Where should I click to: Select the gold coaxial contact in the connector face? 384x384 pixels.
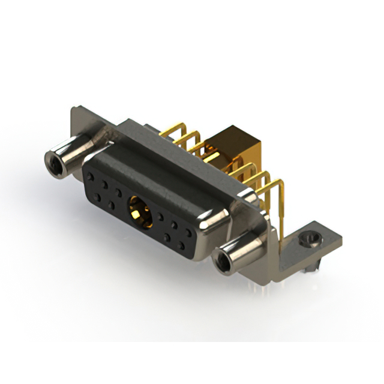point(138,213)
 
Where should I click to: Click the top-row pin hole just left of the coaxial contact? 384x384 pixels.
point(119,193)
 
